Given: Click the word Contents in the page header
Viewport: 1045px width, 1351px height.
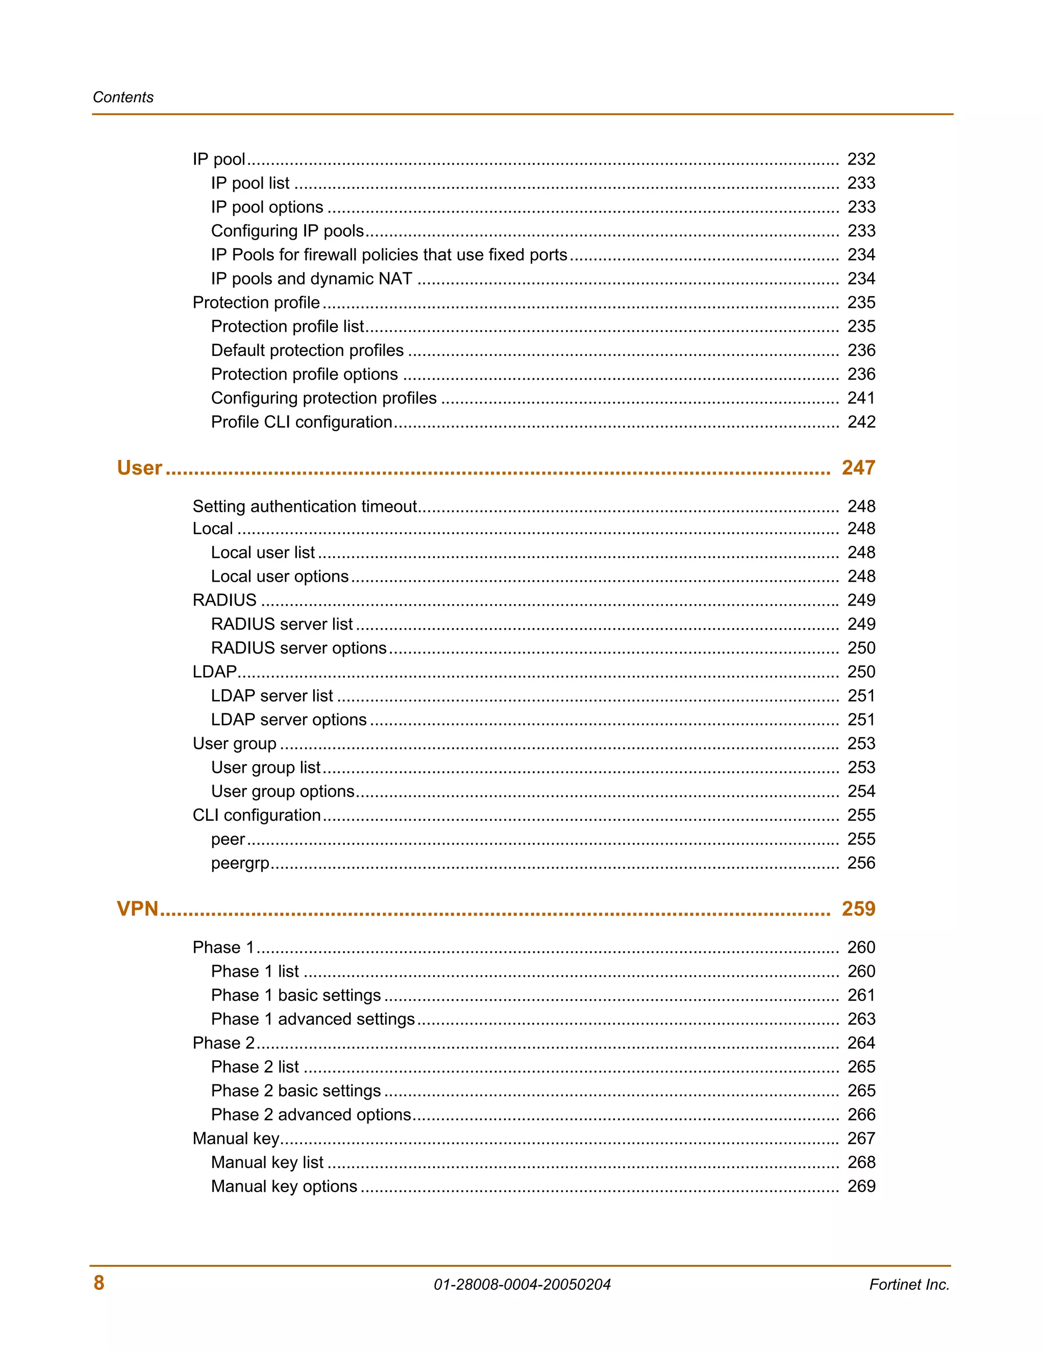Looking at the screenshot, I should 123,97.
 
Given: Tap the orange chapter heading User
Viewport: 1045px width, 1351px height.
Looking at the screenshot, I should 139,467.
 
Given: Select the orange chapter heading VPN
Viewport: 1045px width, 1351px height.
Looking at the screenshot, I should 137,908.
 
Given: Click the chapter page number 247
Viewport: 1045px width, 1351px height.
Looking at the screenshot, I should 858,467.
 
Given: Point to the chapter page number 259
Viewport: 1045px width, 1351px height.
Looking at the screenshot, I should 858,908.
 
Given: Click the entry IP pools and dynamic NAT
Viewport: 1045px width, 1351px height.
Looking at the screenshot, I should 311,278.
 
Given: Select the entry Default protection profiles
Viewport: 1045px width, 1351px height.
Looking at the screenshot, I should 307,350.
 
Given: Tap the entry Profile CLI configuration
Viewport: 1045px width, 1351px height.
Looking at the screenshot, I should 302,422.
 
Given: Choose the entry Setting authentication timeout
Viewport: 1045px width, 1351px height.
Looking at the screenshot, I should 305,506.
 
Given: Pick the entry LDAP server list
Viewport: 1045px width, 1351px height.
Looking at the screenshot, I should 272,695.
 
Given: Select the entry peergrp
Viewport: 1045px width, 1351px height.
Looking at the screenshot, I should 240,863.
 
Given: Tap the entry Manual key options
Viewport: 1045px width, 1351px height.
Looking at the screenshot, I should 284,1186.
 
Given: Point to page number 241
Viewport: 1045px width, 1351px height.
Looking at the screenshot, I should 861,398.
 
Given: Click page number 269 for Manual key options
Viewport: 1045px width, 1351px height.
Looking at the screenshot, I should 861,1186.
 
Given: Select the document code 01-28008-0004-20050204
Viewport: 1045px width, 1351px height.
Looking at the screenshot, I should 522,1284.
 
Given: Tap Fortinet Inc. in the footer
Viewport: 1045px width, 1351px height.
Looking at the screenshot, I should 909,1284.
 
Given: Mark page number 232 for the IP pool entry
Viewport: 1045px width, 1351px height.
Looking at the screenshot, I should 861,159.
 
